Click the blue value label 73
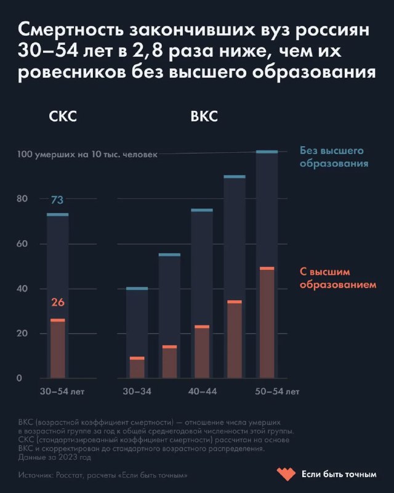click(x=57, y=200)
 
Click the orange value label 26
click(x=57, y=303)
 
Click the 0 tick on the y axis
click(x=19, y=378)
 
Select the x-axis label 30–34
click(x=137, y=391)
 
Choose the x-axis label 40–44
click(x=202, y=391)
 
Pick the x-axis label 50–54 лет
click(x=277, y=391)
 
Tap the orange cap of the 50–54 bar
click(x=267, y=268)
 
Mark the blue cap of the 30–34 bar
click(x=137, y=288)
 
